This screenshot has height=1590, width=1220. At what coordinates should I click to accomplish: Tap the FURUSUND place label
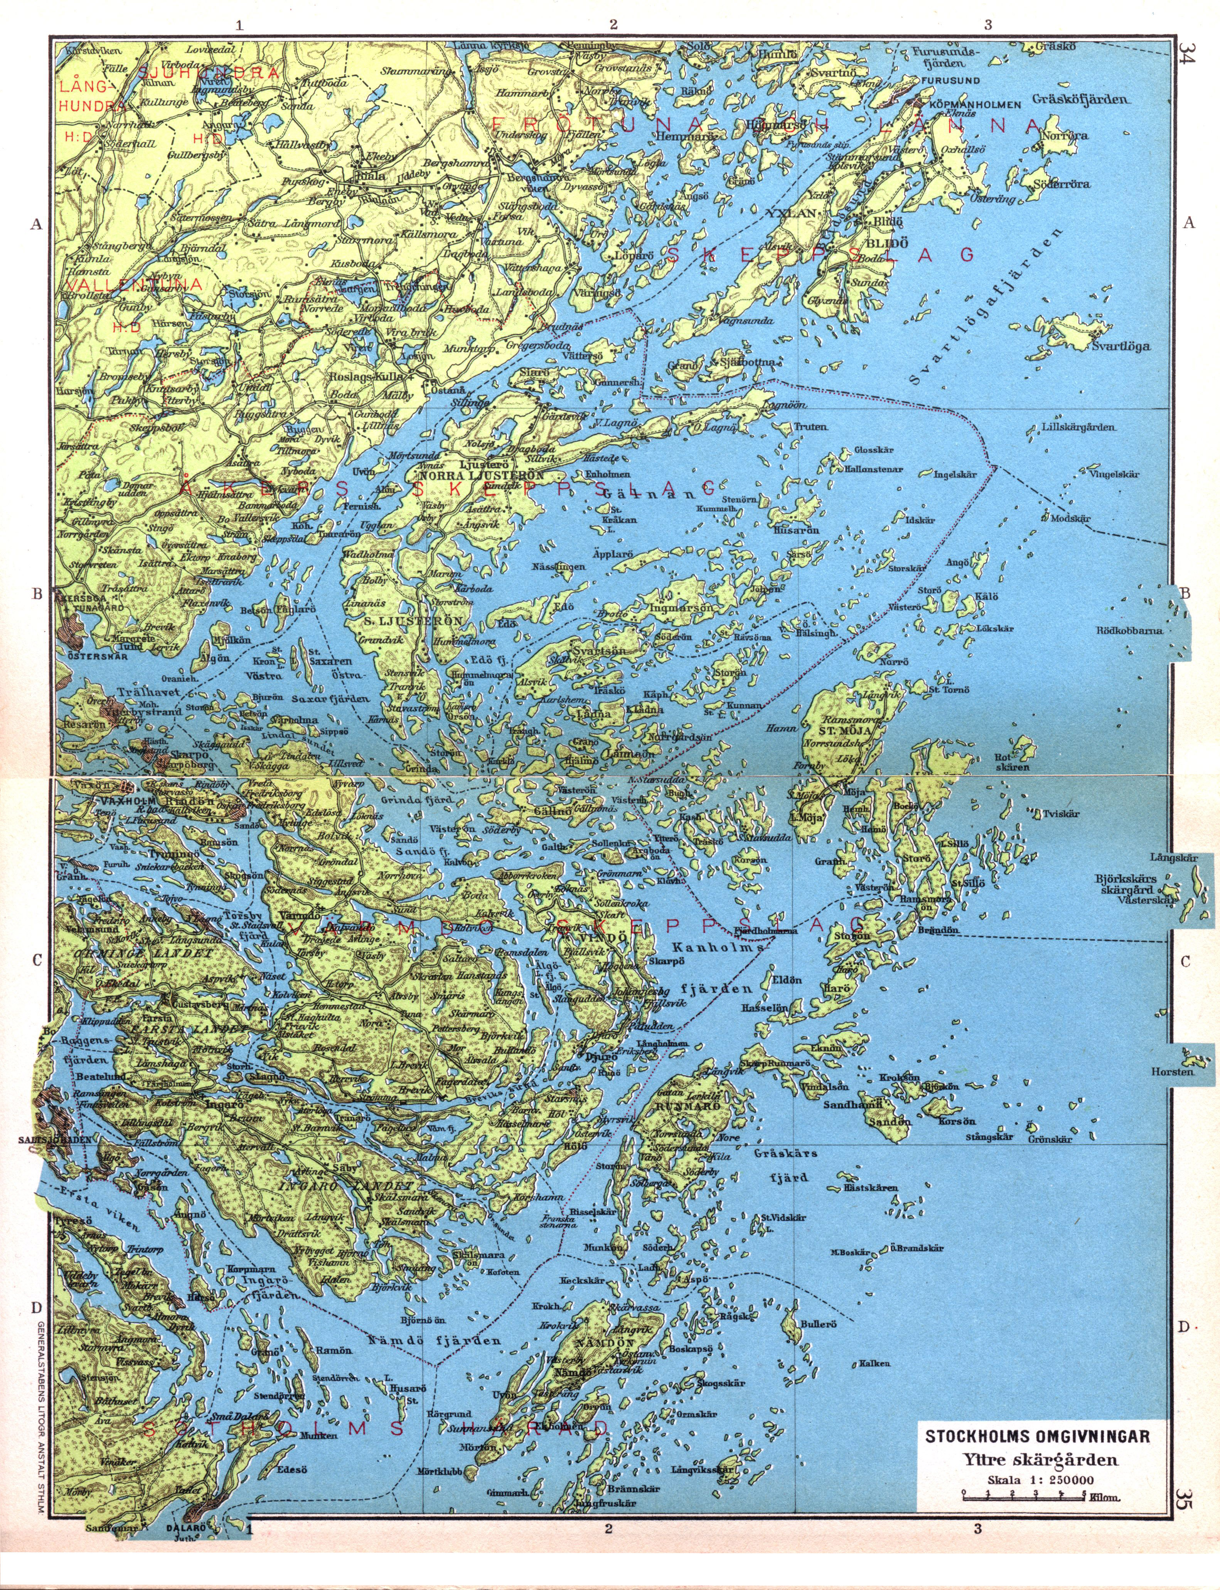pyautogui.click(x=950, y=80)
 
